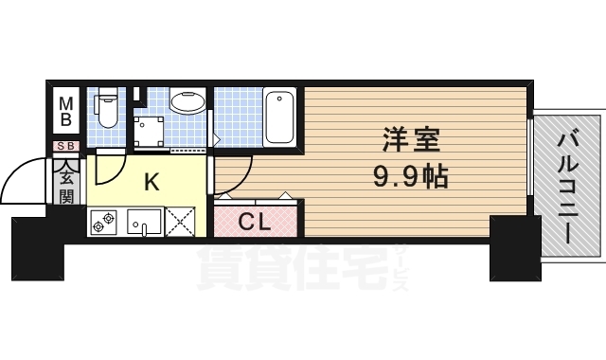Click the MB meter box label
pyautogui.click(x=66, y=111)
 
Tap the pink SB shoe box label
pyautogui.click(x=66, y=146)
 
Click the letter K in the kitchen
pyautogui.click(x=151, y=182)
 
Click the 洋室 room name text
pyautogui.click(x=411, y=139)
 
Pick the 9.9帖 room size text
pyautogui.click(x=410, y=177)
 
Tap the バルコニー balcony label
pyautogui.click(x=568, y=189)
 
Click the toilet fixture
pyautogui.click(x=107, y=108)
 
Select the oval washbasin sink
pyautogui.click(x=187, y=102)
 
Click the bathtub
pyautogui.click(x=279, y=117)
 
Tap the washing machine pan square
pyautogui.click(x=149, y=132)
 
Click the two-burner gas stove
pyautogui.click(x=104, y=222)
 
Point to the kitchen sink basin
pyautogui.click(x=144, y=222)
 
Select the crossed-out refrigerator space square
pyautogui.click(x=180, y=222)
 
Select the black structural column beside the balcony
pyautogui.click(x=515, y=248)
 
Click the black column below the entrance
pyautogui.click(x=37, y=248)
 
